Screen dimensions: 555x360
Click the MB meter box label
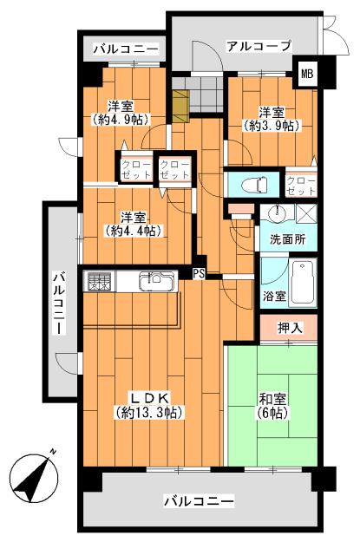tap(307, 74)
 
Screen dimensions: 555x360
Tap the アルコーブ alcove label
tap(259, 46)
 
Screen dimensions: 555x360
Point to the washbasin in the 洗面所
tap(277, 214)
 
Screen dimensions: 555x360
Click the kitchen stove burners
tap(97, 283)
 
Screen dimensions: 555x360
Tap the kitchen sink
tap(154, 282)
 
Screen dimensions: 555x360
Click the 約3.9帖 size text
tap(271, 126)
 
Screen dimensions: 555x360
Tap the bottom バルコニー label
tap(199, 502)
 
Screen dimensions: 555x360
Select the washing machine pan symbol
tap(304, 214)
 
